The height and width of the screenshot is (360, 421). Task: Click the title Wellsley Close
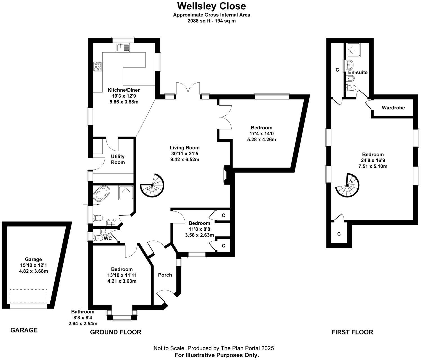pos(211,6)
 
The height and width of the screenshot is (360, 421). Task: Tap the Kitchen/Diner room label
pos(124,90)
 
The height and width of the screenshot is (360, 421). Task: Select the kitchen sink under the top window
pos(123,48)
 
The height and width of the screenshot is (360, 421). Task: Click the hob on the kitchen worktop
pos(97,67)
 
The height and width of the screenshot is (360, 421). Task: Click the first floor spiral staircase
pos(347,185)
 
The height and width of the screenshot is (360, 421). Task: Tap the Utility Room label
pos(118,159)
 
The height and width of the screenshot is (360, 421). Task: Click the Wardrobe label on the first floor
pos(393,108)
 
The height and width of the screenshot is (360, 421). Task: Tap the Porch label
pos(165,275)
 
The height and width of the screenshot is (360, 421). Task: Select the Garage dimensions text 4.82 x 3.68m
pos(33,271)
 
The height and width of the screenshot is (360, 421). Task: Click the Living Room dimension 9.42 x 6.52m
pos(185,159)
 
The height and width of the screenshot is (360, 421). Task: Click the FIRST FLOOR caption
pos(352,332)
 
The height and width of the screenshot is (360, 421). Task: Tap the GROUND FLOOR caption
pos(115,332)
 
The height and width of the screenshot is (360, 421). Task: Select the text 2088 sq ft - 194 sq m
pos(211,21)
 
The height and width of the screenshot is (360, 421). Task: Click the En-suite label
pos(358,72)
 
